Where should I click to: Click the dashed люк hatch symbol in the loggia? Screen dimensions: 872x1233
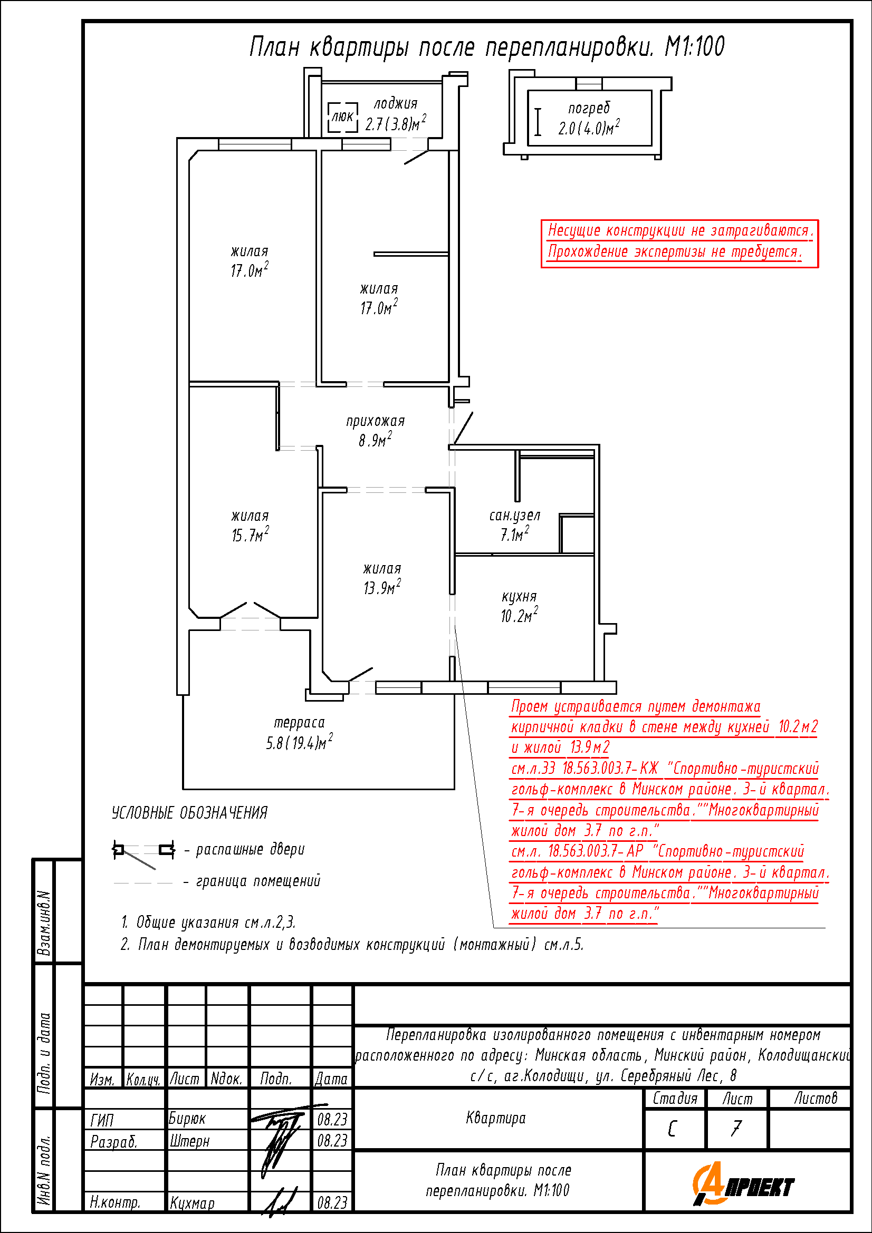tap(343, 116)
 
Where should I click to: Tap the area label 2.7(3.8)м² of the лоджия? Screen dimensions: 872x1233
tap(396, 123)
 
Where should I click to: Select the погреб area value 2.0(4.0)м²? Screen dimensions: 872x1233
tap(589, 128)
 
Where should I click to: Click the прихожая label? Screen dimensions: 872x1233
tap(375, 422)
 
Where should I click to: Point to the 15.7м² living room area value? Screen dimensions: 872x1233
tap(251, 535)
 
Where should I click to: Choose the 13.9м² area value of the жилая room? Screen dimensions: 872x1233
tap(382, 587)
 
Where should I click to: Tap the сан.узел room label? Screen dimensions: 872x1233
tap(514, 516)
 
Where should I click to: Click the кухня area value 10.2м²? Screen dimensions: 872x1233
tap(519, 615)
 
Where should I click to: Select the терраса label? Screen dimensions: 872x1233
tap(299, 723)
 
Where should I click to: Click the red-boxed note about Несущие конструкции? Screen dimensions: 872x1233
tap(679, 243)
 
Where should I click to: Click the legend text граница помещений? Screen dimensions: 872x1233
tap(258, 881)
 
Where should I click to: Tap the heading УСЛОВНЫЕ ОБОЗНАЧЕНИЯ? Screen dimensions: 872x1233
tap(190, 813)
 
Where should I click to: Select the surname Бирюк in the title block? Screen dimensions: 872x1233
tap(187, 1118)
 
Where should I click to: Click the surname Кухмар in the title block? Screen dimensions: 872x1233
tap(193, 1203)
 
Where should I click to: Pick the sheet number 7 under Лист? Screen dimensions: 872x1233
tap(736, 1129)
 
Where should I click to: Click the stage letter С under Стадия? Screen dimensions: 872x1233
tap(672, 1129)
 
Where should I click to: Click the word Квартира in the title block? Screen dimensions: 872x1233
tap(496, 1119)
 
